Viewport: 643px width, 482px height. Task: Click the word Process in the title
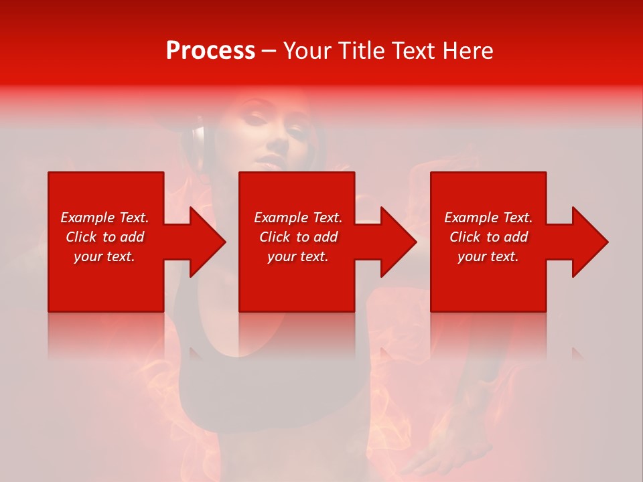pyautogui.click(x=210, y=51)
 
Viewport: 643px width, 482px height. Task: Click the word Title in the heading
pyautogui.click(x=361, y=51)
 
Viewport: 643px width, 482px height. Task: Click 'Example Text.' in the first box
pyautogui.click(x=104, y=218)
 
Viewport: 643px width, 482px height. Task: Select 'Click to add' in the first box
pyautogui.click(x=104, y=237)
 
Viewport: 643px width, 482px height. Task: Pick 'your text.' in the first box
pyautogui.click(x=104, y=256)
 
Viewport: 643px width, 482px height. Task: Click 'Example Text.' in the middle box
pyautogui.click(x=298, y=218)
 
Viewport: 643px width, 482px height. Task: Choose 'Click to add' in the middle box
pyautogui.click(x=298, y=237)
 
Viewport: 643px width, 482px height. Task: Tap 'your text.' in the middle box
pyautogui.click(x=298, y=256)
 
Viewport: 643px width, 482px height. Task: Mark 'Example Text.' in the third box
pyautogui.click(x=488, y=218)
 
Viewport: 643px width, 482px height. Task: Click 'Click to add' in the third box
pyautogui.click(x=488, y=237)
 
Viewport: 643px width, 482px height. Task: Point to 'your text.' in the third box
pyautogui.click(x=488, y=256)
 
